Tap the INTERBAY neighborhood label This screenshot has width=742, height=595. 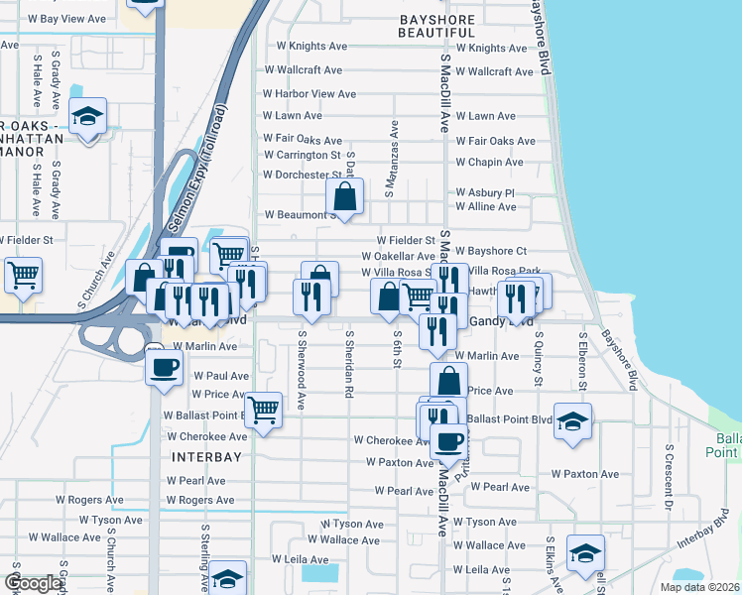pyautogui.click(x=205, y=457)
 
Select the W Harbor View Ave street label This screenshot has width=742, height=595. pyautogui.click(x=309, y=94)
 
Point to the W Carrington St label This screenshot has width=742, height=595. pyautogui.click(x=302, y=156)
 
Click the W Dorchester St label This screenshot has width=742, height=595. pyautogui.click(x=302, y=176)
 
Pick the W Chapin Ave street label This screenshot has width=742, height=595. pyautogui.click(x=489, y=163)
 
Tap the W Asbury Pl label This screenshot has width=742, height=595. pyautogui.click(x=485, y=193)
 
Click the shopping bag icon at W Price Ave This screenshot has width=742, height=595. pyautogui.click(x=449, y=379)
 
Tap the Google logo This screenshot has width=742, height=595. pyautogui.click(x=33, y=583)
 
